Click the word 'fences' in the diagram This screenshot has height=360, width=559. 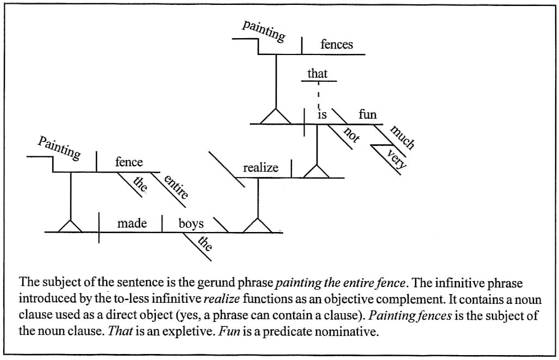pyautogui.click(x=336, y=45)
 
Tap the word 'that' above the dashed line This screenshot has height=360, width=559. pyautogui.click(x=317, y=73)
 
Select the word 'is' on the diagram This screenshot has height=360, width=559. pyautogui.click(x=322, y=115)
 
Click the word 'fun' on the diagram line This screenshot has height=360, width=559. pyautogui.click(x=367, y=115)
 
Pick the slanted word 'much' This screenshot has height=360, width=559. pyautogui.click(x=403, y=137)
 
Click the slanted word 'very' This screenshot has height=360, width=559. pyautogui.click(x=394, y=161)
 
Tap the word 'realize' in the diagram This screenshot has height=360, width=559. pyautogui.click(x=260, y=168)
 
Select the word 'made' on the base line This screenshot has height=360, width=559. pyautogui.click(x=132, y=223)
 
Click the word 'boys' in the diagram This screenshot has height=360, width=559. pyautogui.click(x=191, y=223)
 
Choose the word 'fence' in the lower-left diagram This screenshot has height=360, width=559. pyautogui.click(x=129, y=162)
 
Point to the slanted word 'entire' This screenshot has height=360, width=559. pyautogui.click(x=176, y=187)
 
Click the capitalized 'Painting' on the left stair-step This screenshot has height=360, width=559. pyautogui.click(x=59, y=148)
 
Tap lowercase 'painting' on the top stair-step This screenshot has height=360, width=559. pyautogui.click(x=264, y=30)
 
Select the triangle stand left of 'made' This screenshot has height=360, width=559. pyautogui.click(x=70, y=225)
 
